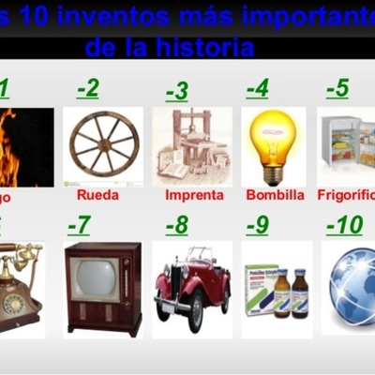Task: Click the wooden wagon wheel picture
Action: tap(104, 146)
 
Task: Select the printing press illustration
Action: tap(191, 146)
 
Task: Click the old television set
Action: tap(102, 286)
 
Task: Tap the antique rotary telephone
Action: tap(21, 286)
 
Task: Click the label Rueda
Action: tap(98, 196)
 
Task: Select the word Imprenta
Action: tap(194, 196)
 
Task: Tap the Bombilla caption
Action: tap(275, 196)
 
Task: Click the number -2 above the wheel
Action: tap(88, 89)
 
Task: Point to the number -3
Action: tap(176, 91)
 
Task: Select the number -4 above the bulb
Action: tap(257, 89)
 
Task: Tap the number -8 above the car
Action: tap(176, 226)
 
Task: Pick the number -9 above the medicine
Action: tap(257, 226)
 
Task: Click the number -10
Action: tap(344, 226)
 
